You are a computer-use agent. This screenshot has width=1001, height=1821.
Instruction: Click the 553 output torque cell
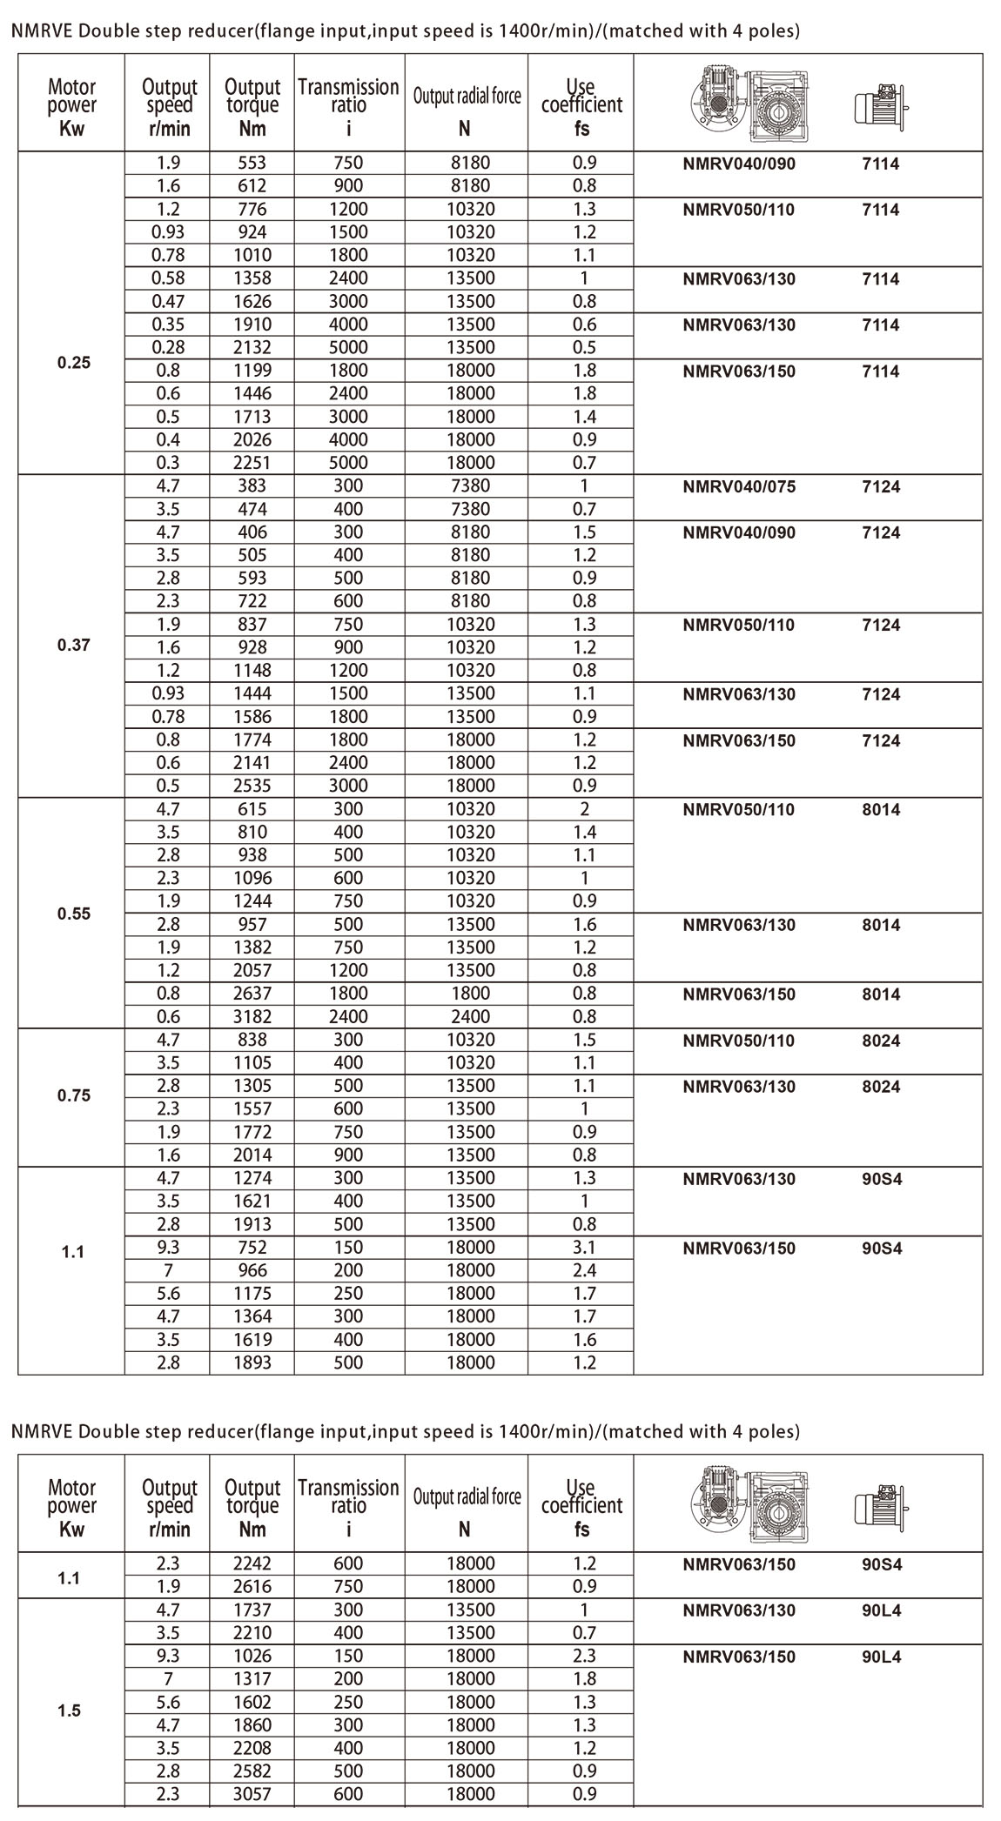252,163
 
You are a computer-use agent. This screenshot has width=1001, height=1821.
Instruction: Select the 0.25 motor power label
74,363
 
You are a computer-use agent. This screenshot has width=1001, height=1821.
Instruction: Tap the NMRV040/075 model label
739,486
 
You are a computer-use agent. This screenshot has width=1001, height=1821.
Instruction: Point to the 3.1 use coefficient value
584,1247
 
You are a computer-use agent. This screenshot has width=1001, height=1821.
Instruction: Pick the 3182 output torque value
252,1016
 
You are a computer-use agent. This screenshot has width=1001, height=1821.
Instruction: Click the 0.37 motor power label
74,646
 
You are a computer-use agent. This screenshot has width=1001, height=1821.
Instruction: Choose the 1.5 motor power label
70,1711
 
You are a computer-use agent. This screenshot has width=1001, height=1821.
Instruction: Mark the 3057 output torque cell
252,1793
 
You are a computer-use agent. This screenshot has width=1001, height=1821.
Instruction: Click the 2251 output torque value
252,463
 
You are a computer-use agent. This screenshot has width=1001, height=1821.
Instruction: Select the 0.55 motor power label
74,914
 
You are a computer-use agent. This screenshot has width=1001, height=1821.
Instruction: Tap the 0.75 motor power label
74,1095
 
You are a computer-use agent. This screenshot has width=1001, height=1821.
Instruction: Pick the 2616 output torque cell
252,1586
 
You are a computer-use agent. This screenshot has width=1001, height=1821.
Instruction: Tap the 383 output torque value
252,486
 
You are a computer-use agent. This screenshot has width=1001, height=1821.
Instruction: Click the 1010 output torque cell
252,255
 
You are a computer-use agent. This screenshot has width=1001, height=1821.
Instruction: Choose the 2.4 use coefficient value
584,1270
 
